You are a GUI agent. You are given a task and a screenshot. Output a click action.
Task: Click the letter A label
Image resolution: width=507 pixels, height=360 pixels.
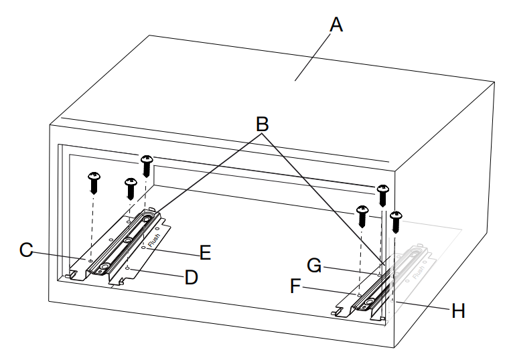pos(336,25)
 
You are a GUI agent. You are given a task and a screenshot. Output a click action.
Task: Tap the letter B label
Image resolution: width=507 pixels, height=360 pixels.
pos(262,124)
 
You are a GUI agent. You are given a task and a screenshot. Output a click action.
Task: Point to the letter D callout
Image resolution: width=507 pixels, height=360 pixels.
pos(192,276)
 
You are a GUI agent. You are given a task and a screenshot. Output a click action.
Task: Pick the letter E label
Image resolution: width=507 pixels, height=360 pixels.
pos(205,252)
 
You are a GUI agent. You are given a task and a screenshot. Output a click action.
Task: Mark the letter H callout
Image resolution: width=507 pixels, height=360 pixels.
pos(458,310)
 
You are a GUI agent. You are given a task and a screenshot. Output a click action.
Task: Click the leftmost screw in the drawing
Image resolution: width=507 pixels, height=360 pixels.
pos(94,180)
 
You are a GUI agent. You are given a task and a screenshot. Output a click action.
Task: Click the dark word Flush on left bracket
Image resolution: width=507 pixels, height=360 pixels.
pos(153,239)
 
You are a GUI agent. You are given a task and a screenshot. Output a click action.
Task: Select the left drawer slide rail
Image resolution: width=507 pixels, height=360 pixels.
pos(125,244)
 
